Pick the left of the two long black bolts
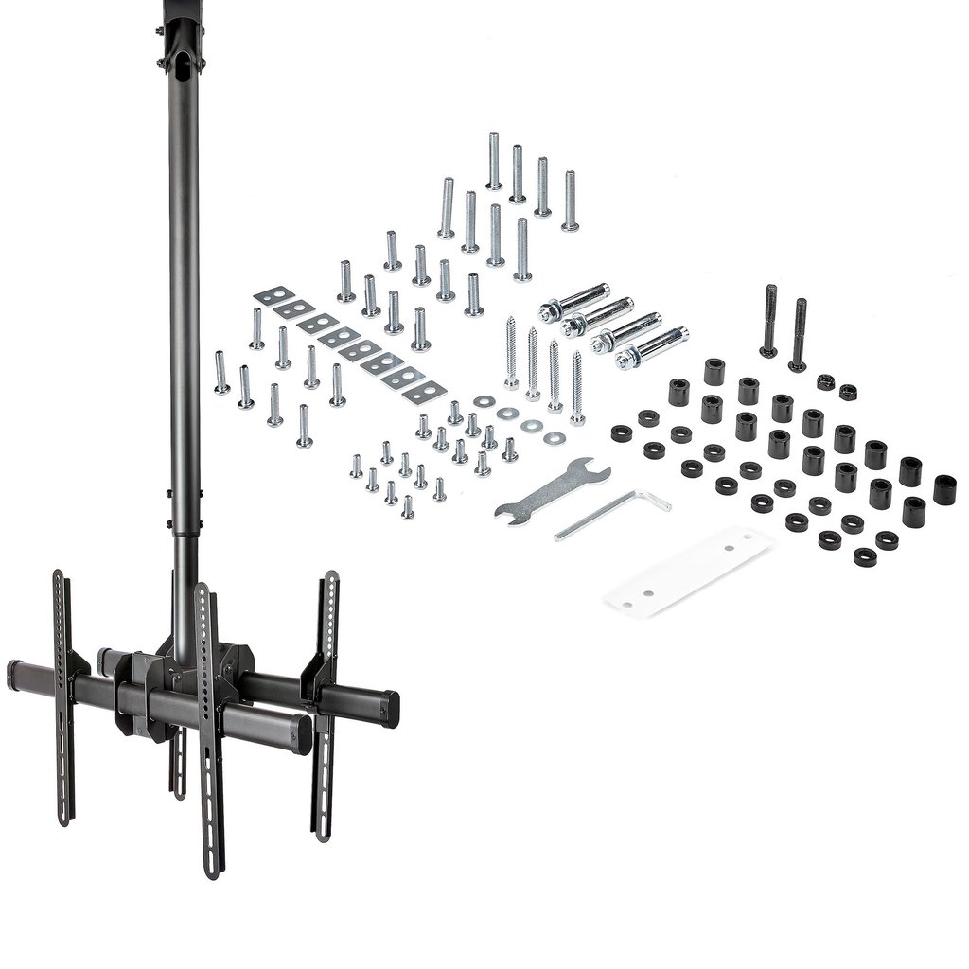click(x=770, y=321)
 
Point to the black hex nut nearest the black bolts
click(x=825, y=382)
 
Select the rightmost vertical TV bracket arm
click(x=326, y=700)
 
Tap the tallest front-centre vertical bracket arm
click(x=208, y=729)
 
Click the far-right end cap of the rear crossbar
click(x=389, y=705)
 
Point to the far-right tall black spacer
click(x=943, y=489)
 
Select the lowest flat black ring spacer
click(x=864, y=556)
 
